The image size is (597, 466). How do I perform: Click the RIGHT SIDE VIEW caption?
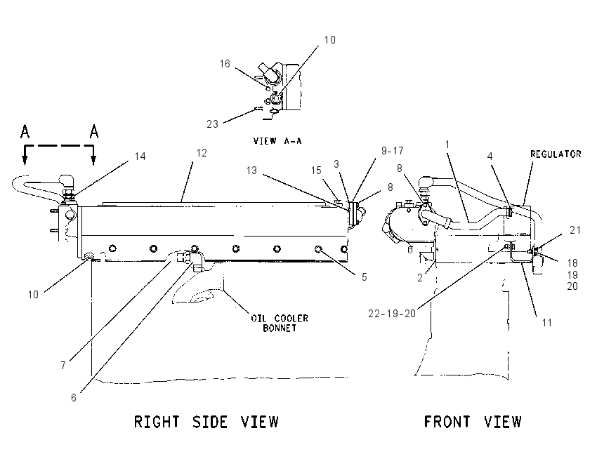click(206, 422)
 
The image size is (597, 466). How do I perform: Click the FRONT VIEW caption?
click(473, 422)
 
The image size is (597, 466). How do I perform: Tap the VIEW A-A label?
click(277, 141)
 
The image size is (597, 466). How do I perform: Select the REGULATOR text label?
click(556, 154)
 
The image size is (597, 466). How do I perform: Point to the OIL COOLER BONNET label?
click(280, 323)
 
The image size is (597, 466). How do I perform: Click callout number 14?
click(140, 157)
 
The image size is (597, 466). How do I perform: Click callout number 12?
click(202, 153)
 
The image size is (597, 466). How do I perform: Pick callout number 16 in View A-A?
click(225, 64)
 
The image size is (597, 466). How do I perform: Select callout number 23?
click(212, 124)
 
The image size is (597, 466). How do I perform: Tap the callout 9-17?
click(392, 151)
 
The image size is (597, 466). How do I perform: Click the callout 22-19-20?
click(392, 314)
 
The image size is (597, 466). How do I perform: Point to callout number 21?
click(575, 229)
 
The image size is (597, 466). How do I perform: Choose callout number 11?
click(546, 323)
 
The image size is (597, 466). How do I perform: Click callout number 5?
click(364, 277)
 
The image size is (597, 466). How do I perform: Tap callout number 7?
click(63, 365)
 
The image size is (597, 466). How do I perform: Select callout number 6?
click(74, 397)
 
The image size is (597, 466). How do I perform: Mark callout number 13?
click(251, 170)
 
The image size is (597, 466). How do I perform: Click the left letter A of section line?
click(25, 131)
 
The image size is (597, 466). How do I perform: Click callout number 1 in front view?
click(447, 145)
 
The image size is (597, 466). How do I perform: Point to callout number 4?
click(490, 157)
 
